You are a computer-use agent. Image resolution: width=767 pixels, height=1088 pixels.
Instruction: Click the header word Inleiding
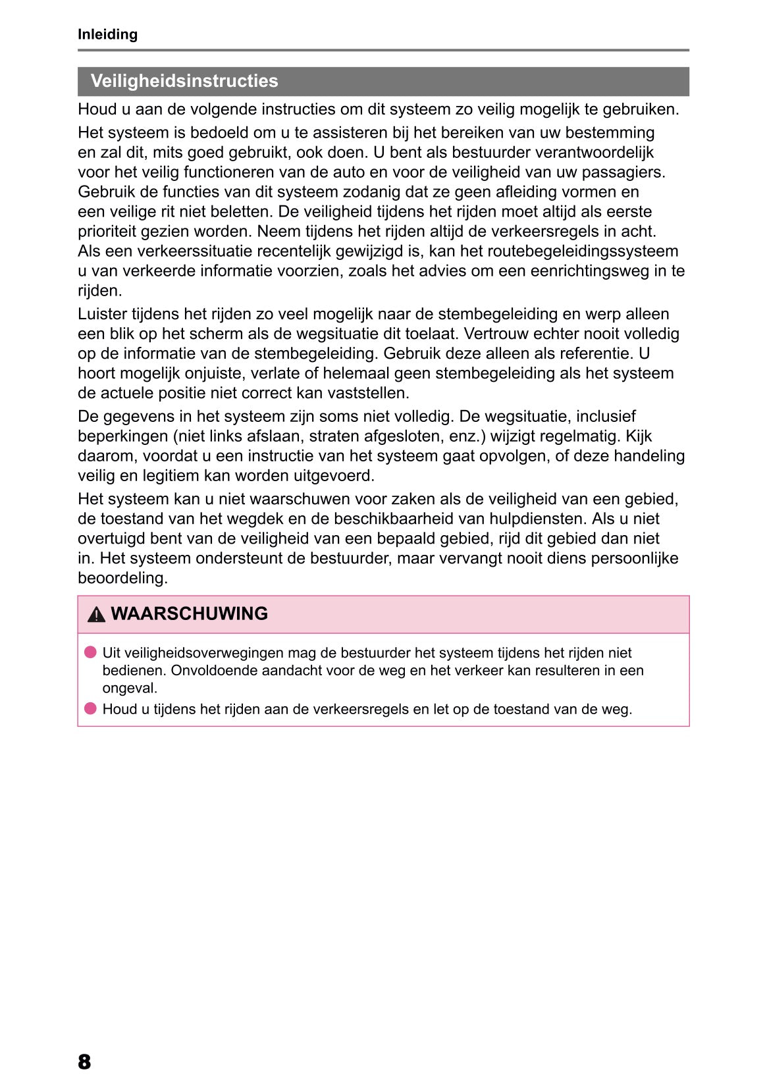click(x=107, y=34)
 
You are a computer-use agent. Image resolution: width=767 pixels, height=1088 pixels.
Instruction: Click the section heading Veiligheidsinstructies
click(x=184, y=81)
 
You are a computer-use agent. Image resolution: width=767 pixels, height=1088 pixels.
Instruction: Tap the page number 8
click(x=84, y=1062)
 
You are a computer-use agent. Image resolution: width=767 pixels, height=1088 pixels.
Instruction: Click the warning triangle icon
click(x=96, y=615)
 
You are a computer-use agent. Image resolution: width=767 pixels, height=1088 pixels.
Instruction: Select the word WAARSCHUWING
click(x=190, y=613)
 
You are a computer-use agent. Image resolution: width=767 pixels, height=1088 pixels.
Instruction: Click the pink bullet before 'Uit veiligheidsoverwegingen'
click(x=90, y=652)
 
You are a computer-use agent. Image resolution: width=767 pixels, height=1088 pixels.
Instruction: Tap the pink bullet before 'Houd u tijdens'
click(x=90, y=709)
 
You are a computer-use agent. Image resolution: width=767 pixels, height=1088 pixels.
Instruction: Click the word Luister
click(x=102, y=314)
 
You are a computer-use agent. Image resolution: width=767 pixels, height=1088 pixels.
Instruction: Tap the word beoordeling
click(x=122, y=578)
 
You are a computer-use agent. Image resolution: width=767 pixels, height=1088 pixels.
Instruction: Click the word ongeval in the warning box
click(x=129, y=688)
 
